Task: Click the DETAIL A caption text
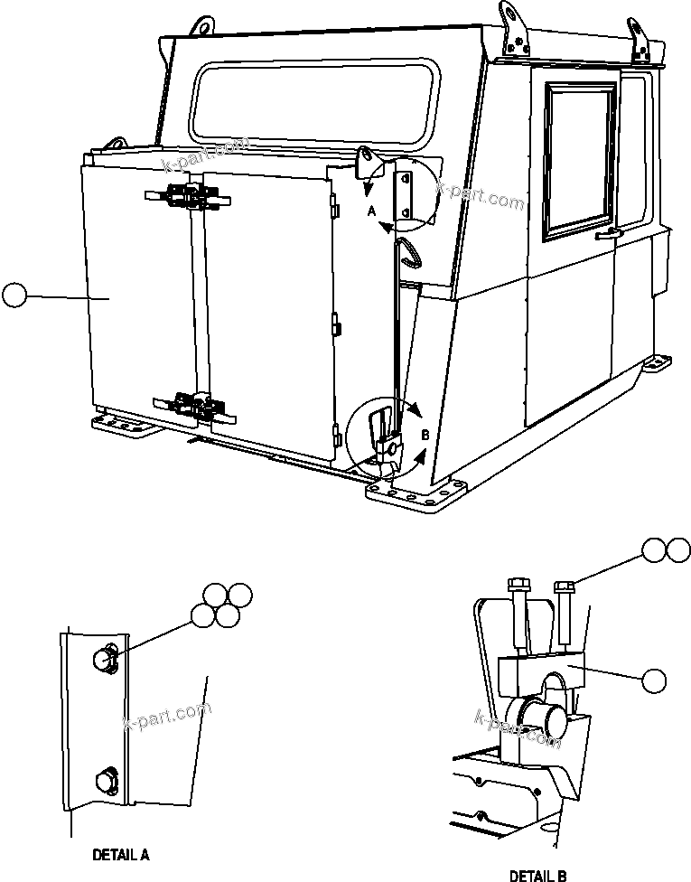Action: click(x=121, y=853)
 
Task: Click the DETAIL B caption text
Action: click(x=538, y=874)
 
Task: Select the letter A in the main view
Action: click(x=370, y=211)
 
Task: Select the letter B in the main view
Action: click(x=425, y=436)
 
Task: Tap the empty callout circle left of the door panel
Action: click(x=14, y=296)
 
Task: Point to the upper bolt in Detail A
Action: click(x=105, y=661)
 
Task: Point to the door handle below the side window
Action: click(x=611, y=234)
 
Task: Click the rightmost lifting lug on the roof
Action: click(x=643, y=41)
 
